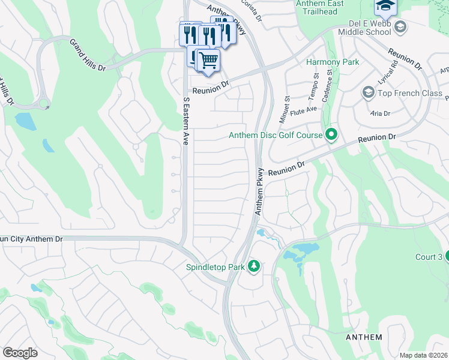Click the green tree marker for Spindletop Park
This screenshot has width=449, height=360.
[254, 266]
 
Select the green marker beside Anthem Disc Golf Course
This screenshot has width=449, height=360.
[330, 135]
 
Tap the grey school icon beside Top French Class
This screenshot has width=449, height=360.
[368, 92]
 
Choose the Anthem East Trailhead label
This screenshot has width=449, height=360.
[320, 7]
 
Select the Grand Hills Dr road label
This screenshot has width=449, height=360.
[88, 56]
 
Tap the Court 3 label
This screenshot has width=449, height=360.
[429, 257]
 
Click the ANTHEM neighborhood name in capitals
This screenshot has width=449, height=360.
[364, 337]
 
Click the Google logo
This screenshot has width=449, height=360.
[20, 352]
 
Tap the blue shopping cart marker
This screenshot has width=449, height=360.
[208, 60]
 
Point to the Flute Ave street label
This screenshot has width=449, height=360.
[303, 110]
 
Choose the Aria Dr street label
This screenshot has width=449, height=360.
[380, 113]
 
